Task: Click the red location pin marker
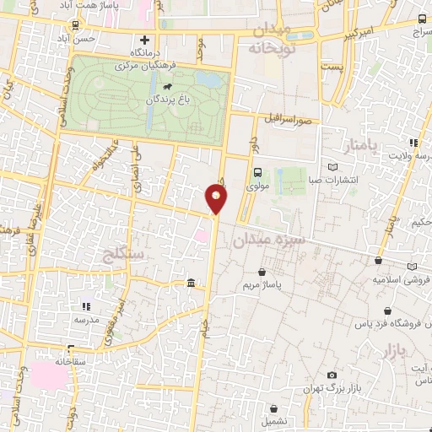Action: [217, 199]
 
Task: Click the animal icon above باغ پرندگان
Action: [170, 87]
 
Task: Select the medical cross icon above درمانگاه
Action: [145, 40]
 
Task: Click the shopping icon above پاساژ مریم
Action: [264, 273]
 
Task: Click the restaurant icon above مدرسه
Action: [84, 306]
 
